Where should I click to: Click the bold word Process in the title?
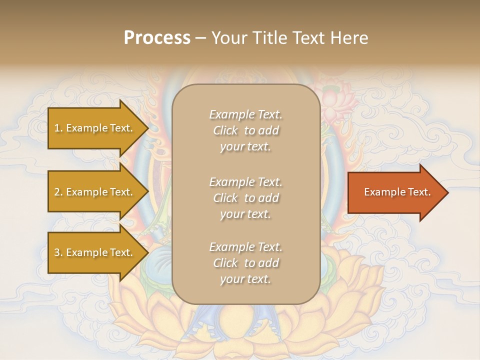tap(157, 38)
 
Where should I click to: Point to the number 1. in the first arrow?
tap(58, 128)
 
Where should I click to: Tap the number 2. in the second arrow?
tap(58, 192)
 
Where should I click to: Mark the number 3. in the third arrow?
tap(58, 252)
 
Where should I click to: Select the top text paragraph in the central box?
tap(245, 130)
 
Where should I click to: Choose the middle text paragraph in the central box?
tap(245, 198)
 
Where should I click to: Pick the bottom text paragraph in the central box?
tap(245, 263)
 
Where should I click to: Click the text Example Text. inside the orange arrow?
tap(397, 192)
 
